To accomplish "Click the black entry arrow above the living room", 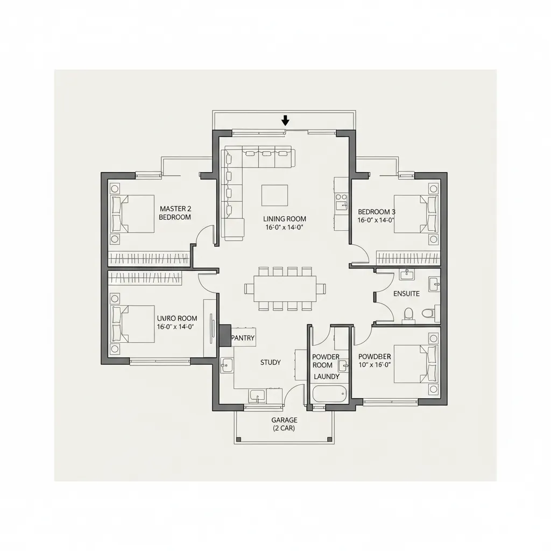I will coord(285,120).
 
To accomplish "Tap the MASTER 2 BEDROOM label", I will coord(175,213).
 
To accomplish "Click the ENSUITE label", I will coord(407,294).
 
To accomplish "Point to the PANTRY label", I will coord(242,338).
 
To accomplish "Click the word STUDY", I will coord(270,363).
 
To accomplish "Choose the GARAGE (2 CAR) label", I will coord(284,424).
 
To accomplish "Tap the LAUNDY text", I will coord(327,377).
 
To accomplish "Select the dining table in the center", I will coord(285,288).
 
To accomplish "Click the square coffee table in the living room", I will coord(274,195).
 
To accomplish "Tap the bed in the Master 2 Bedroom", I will coord(133,214).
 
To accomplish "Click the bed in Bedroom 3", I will coord(415,214).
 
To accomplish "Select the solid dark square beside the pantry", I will coord(224,335).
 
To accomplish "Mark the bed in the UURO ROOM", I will coord(133,324).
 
